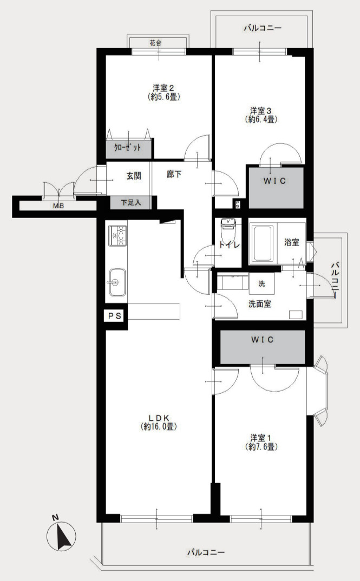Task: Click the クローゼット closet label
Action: [x=128, y=148]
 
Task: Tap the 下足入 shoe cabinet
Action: [x=130, y=203]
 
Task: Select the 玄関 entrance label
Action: [x=134, y=175]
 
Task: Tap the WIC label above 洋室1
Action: [x=263, y=340]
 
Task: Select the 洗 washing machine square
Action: [x=261, y=283]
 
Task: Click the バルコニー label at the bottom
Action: [x=206, y=553]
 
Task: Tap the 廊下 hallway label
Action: [x=174, y=175]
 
